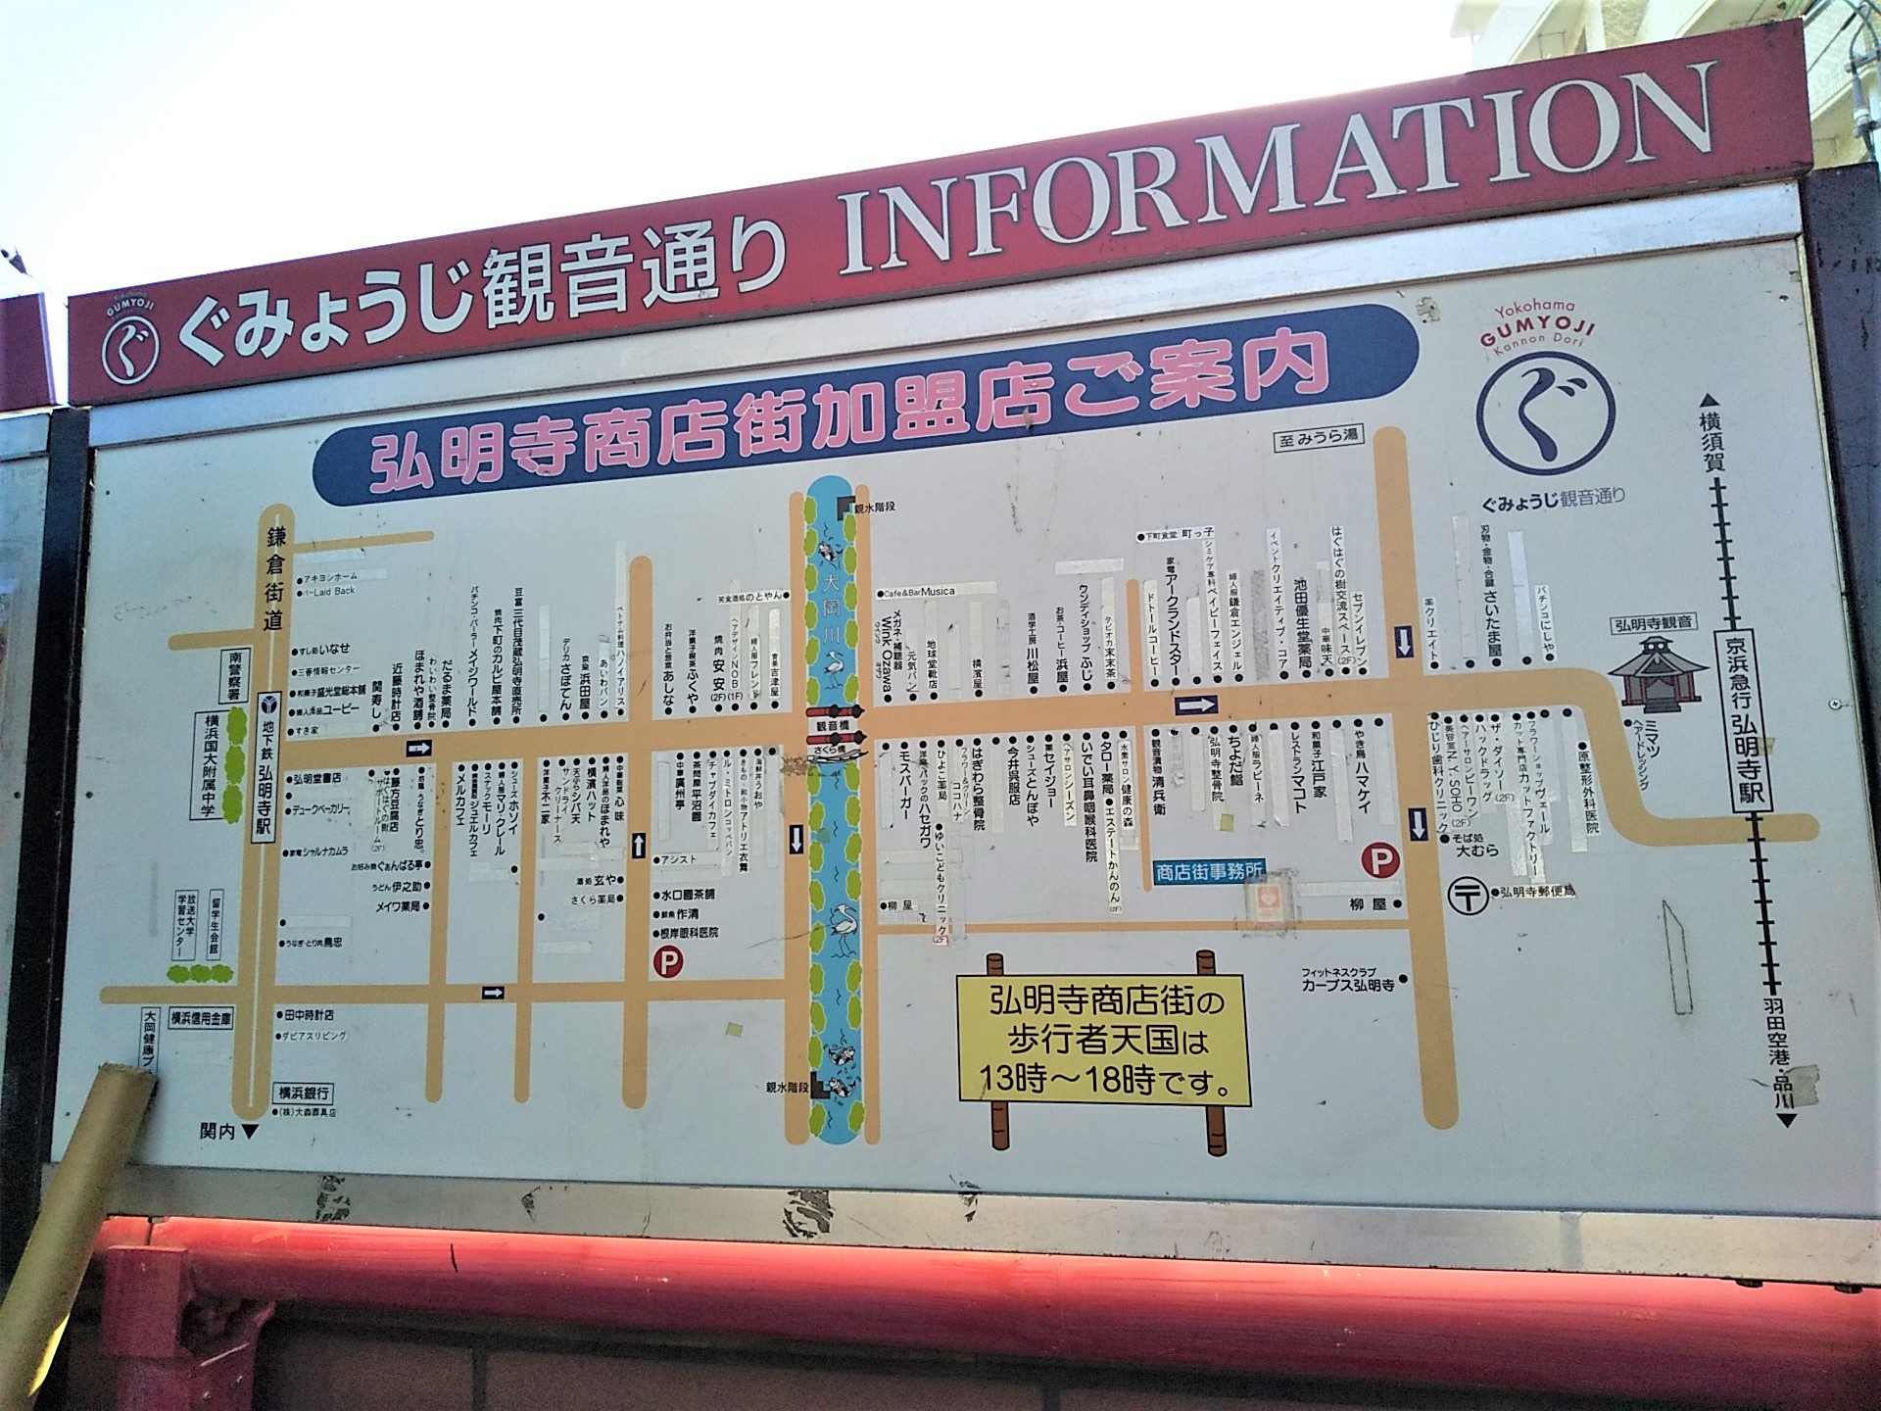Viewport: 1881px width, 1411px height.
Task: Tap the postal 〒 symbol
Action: (x=1468, y=896)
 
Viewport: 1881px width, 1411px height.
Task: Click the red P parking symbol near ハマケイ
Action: (x=1380, y=861)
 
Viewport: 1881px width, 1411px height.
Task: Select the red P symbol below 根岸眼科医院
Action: (x=668, y=962)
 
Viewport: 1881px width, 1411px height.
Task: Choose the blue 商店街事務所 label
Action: (x=1208, y=870)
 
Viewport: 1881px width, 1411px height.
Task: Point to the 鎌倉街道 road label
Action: (x=274, y=578)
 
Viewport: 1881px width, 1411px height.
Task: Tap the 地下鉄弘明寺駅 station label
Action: (x=265, y=764)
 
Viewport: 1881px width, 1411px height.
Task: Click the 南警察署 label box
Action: (x=236, y=674)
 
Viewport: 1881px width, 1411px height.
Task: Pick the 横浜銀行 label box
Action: (x=303, y=1094)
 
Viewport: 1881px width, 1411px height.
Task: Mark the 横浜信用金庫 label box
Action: (x=202, y=1018)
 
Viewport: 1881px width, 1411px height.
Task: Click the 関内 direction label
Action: (x=225, y=1132)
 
